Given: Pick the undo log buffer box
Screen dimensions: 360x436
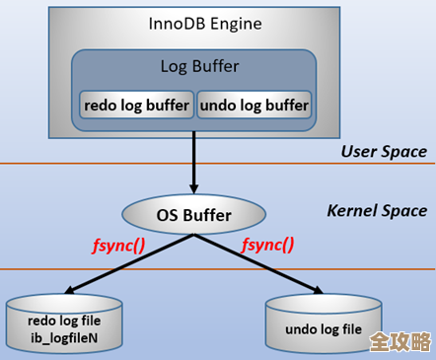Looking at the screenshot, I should point(254,105).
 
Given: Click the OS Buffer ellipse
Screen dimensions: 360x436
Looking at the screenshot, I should point(193,214).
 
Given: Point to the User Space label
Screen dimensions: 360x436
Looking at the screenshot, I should point(384,151).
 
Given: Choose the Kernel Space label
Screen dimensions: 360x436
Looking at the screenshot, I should point(377,210).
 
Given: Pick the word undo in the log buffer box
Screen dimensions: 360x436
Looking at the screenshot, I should point(218,105).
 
